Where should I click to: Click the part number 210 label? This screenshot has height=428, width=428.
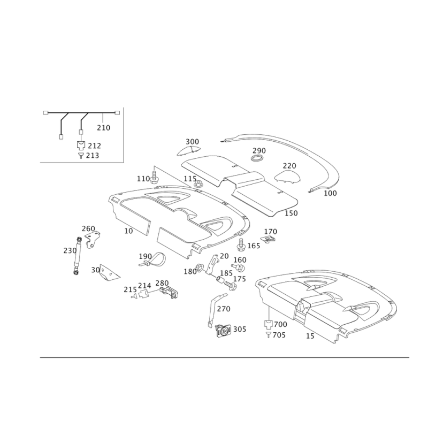[x=104, y=128]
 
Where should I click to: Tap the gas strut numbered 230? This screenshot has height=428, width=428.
[x=77, y=256]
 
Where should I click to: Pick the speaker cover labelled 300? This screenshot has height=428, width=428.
[x=188, y=151]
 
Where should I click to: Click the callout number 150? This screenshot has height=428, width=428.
[x=291, y=213]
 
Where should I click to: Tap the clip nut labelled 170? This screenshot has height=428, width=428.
[x=268, y=239]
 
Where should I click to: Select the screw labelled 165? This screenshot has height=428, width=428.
[x=241, y=244]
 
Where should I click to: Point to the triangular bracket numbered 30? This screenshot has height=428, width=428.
[x=109, y=272]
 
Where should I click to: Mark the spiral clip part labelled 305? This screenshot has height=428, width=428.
[x=224, y=331]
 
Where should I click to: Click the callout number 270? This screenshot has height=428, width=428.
[x=224, y=309]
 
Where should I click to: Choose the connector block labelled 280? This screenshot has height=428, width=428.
[x=170, y=292]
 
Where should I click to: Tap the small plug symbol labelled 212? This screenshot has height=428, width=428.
[x=81, y=145]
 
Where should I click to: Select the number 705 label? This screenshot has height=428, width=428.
[x=279, y=335]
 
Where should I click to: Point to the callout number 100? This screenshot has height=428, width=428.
[x=330, y=193]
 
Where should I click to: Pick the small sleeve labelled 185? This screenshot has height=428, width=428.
[x=220, y=279]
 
